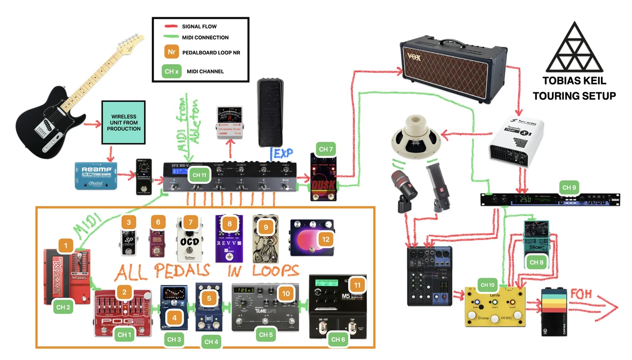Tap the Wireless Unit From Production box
point(125,122)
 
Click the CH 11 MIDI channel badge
point(200,175)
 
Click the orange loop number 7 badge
point(191,223)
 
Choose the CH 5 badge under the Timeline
point(266,335)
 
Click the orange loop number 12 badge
point(325,240)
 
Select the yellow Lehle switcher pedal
point(495,307)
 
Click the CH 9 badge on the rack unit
point(569,188)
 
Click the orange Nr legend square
point(171,52)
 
